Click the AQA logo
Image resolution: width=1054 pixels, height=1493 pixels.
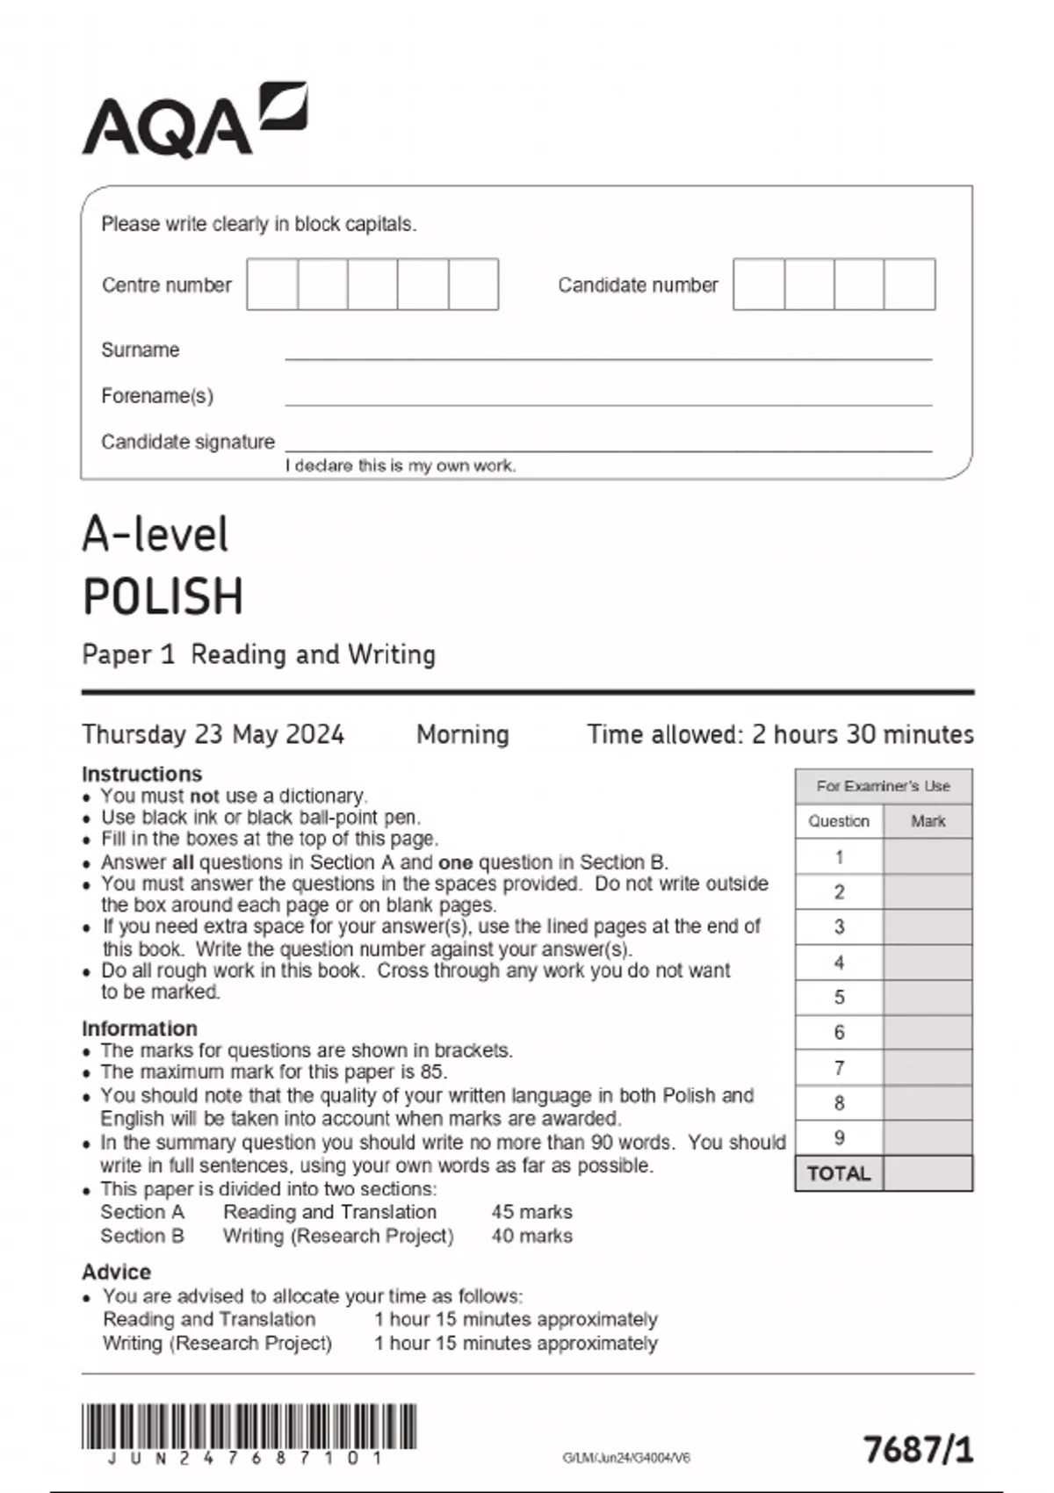(x=194, y=120)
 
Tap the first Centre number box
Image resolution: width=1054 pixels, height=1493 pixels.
(x=272, y=284)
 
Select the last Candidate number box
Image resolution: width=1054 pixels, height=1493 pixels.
(x=910, y=284)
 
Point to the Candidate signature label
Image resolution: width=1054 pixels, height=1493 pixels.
(x=188, y=442)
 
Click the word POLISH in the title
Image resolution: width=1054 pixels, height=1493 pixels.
(x=163, y=596)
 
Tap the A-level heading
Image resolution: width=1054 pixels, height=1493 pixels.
(x=155, y=534)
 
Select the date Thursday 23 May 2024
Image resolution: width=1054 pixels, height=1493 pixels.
(x=213, y=734)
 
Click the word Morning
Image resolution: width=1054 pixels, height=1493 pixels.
(x=463, y=734)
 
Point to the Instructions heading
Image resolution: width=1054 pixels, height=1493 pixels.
(x=141, y=774)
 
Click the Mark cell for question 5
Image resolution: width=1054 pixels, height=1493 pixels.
(x=928, y=998)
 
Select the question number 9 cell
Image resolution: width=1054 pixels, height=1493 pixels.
(x=839, y=1138)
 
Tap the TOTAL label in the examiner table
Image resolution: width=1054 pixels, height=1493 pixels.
(x=839, y=1174)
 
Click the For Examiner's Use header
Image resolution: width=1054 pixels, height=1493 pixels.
(x=884, y=786)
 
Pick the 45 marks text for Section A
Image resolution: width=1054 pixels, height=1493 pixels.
(x=531, y=1212)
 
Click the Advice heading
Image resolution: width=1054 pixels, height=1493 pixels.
(x=116, y=1272)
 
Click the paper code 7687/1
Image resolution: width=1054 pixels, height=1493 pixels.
(x=919, y=1449)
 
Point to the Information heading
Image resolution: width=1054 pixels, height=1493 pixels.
(x=139, y=1028)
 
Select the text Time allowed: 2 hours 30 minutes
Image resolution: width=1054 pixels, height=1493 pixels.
(x=780, y=734)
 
